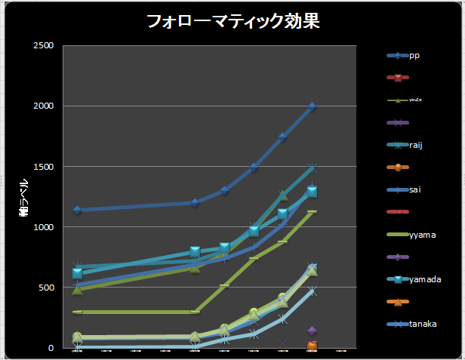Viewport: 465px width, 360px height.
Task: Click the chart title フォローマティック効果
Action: coord(233,21)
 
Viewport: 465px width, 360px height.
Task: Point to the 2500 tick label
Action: coord(42,46)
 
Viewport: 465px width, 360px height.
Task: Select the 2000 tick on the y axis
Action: coord(42,106)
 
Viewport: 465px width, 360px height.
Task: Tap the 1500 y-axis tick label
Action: coord(42,167)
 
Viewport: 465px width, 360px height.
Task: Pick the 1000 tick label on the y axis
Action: coord(42,227)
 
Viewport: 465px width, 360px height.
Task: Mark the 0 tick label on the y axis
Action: coord(51,348)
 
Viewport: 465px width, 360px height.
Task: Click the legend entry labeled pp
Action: coord(414,56)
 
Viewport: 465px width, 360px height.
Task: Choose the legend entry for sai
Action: coord(415,190)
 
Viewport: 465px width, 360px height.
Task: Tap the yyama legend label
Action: coord(422,235)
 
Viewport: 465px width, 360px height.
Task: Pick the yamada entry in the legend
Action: coord(425,279)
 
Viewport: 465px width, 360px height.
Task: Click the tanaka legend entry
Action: coord(423,324)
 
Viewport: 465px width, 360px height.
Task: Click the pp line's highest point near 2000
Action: coord(312,107)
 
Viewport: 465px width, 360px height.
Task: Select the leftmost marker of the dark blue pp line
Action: coord(77,210)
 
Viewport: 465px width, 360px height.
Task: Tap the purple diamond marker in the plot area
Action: coord(312,331)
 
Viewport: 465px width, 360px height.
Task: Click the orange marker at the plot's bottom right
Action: coord(312,346)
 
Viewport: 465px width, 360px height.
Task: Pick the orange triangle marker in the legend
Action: coord(397,302)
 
